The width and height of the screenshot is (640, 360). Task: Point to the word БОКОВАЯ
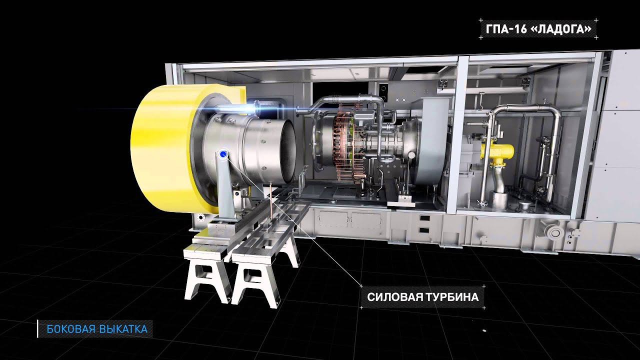pos(71,329)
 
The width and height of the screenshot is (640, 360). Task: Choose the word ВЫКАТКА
pos(123,329)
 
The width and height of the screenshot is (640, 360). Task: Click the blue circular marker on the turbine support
pos(223,154)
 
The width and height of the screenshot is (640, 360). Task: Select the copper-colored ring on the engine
pos(344,143)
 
